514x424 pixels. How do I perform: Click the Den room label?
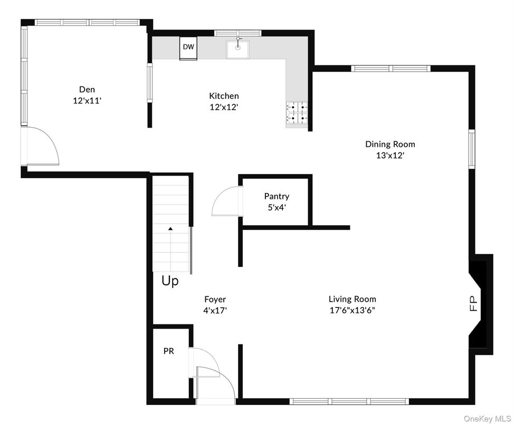(87, 90)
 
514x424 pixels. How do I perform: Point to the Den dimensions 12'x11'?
(87, 101)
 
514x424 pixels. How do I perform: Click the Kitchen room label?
(224, 95)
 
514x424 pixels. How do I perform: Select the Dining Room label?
(390, 144)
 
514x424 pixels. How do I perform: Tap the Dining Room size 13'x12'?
(390, 156)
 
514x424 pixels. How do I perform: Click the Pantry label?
(277, 196)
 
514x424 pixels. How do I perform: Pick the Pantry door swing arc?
(224, 203)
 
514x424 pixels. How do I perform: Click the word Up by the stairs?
(170, 281)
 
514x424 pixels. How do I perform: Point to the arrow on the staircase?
(170, 229)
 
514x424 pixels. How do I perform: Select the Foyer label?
(215, 300)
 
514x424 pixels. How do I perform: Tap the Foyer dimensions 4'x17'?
(215, 311)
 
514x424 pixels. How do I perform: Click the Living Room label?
(353, 299)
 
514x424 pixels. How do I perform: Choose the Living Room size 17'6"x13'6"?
(353, 311)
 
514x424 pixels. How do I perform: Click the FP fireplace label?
(473, 304)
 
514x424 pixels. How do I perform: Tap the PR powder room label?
(168, 350)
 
